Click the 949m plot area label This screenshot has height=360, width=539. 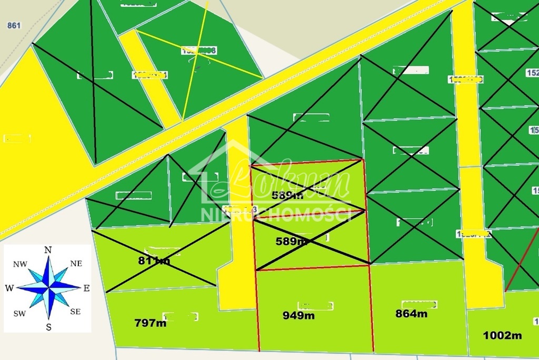click(x=298, y=315)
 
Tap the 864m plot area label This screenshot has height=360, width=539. click(x=411, y=314)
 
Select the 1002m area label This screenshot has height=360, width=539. click(x=502, y=335)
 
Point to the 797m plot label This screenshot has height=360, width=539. click(x=151, y=323)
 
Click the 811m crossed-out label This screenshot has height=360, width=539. click(x=154, y=260)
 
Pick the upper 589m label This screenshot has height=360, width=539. click(x=287, y=195)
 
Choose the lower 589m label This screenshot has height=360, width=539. click(x=292, y=242)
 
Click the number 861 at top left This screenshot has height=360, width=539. click(x=14, y=25)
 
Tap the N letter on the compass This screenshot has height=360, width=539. click(x=48, y=250)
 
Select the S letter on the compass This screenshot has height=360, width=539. click(x=48, y=327)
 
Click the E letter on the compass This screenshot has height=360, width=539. click(x=87, y=288)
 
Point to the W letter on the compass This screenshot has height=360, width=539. click(x=9, y=288)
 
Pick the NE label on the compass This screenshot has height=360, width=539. click(x=76, y=263)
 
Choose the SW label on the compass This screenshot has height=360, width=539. click(x=21, y=313)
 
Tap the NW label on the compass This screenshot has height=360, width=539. click(x=21, y=264)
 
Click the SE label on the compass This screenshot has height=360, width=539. click(x=75, y=312)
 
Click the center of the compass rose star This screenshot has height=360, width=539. click(x=48, y=287)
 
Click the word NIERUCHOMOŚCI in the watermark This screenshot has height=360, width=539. click(x=277, y=214)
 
